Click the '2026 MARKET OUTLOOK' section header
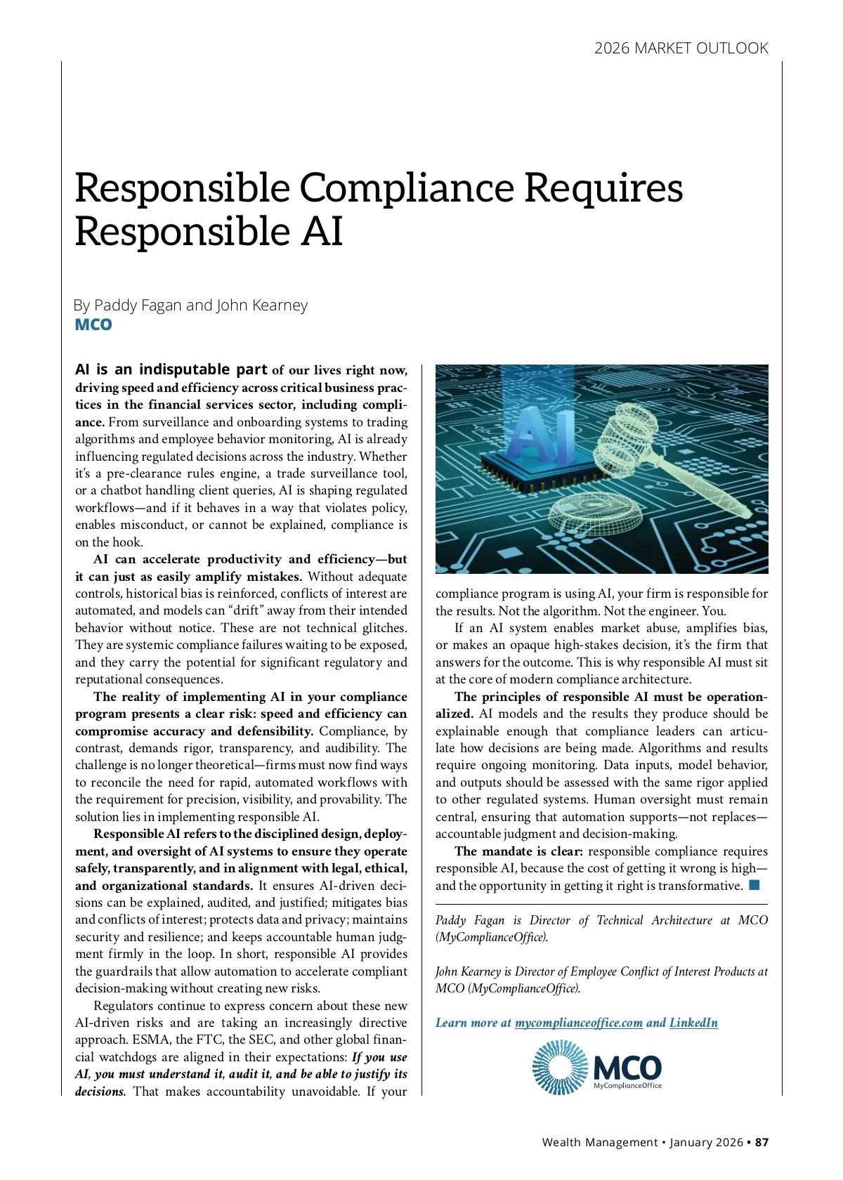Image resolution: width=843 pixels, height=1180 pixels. tap(681, 48)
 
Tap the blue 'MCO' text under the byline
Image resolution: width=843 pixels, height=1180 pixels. tap(93, 324)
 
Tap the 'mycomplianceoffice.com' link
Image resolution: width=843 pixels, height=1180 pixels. tap(578, 1023)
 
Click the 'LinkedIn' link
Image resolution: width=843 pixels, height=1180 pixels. tap(693, 1023)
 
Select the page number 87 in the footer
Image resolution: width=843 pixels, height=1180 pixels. tap(762, 1142)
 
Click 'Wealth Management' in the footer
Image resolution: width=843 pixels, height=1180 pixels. tap(599, 1142)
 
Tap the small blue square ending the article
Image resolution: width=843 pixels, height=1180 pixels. tap(754, 885)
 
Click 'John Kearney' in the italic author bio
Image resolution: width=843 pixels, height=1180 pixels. tap(467, 971)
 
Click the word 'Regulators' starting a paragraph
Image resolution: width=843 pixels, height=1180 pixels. tap(124, 1006)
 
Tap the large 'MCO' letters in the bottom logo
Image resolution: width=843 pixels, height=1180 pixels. tap(627, 1068)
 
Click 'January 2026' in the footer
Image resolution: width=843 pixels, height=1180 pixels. tap(706, 1142)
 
